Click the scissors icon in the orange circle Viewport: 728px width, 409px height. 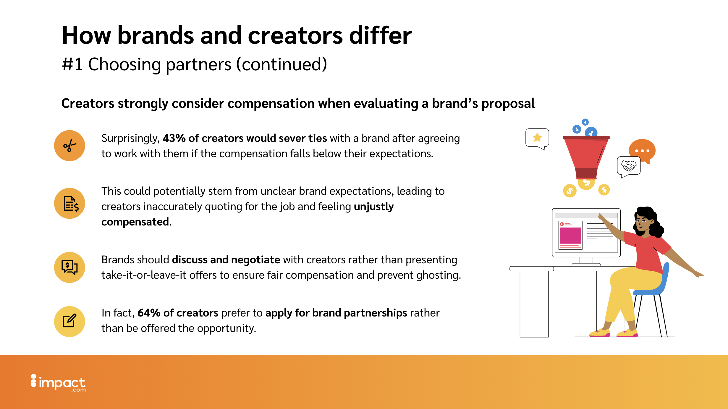point(70,146)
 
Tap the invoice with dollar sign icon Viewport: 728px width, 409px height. point(71,204)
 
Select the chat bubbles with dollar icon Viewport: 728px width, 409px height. point(69,267)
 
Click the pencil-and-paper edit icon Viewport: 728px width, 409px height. point(69,321)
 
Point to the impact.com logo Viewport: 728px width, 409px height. point(58,383)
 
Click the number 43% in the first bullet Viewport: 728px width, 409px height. point(174,138)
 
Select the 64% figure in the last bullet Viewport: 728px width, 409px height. point(149,313)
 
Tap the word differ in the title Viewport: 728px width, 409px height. point(381,35)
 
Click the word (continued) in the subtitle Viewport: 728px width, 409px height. point(282,64)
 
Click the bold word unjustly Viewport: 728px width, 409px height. point(374,207)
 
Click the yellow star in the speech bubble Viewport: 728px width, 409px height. point(537,137)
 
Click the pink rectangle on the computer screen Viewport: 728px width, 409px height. point(571,235)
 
